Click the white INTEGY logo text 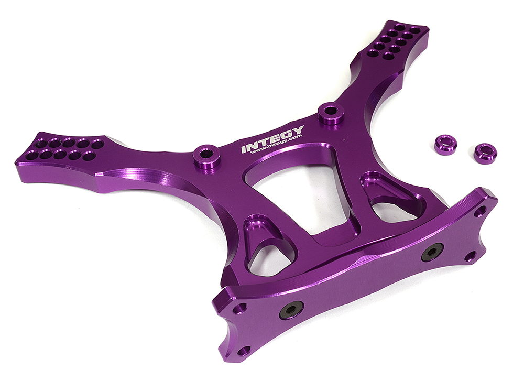tap(272, 138)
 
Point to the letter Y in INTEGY tap(297, 130)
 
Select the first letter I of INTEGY tap(244, 149)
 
